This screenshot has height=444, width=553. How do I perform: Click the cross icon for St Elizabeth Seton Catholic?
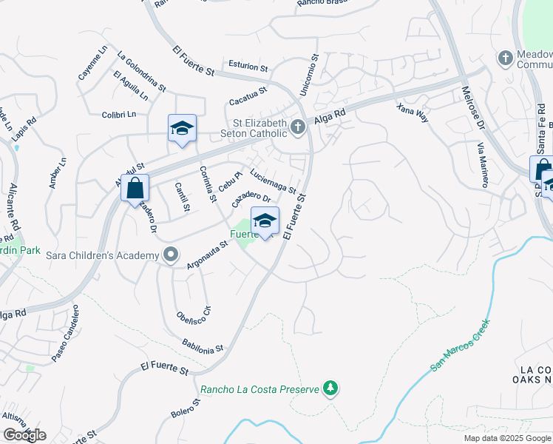tap(297, 127)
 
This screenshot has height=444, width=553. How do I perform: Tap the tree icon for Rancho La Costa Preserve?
tap(330, 388)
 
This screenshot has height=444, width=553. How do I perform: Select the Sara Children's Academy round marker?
tap(171, 255)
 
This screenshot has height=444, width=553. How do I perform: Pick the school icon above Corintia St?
tap(182, 129)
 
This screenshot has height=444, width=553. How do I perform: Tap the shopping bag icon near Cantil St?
tap(135, 188)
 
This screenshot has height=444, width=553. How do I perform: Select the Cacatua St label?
tap(247, 94)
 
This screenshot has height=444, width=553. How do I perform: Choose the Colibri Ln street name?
tap(120, 114)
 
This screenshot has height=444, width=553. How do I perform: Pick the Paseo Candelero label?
tap(64, 343)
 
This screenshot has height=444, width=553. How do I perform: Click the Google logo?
tap(24, 435)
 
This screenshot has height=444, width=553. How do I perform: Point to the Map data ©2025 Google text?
tap(506, 438)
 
